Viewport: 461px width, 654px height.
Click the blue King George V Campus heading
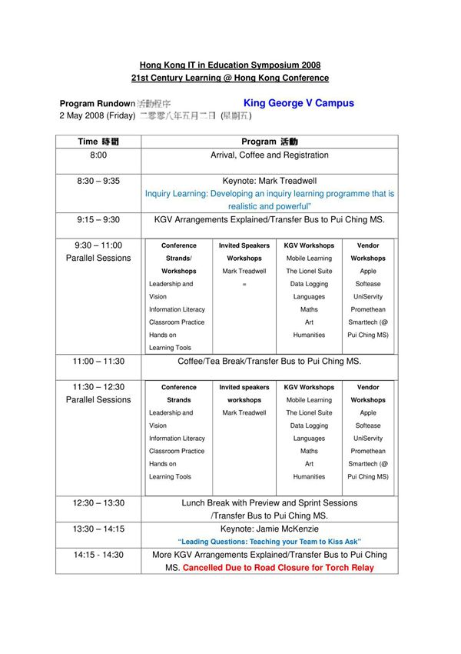click(x=299, y=102)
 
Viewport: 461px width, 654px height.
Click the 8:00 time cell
click(x=98, y=155)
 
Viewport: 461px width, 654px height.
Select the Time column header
click(x=98, y=142)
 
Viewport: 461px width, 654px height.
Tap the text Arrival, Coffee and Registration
click(x=270, y=155)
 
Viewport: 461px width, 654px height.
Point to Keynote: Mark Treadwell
click(x=270, y=181)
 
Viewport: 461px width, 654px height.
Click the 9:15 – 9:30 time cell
click(x=98, y=219)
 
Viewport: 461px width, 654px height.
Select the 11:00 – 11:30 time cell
click(x=98, y=361)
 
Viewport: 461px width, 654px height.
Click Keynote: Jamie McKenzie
click(x=270, y=529)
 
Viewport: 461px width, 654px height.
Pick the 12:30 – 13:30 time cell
click(x=98, y=503)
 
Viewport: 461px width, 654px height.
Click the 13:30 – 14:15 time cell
click(x=98, y=529)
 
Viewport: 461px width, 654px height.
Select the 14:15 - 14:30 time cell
click(x=98, y=554)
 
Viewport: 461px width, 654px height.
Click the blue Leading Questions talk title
click(x=270, y=542)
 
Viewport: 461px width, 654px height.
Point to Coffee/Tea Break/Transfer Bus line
click(x=270, y=361)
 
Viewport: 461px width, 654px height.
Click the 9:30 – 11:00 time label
click(x=98, y=245)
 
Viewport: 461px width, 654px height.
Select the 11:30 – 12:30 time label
click(x=98, y=387)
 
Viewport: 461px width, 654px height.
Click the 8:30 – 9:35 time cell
click(x=98, y=181)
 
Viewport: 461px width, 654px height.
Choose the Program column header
click(x=270, y=142)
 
